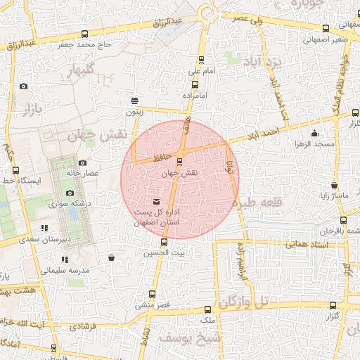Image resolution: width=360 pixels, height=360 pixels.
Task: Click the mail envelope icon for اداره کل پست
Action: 156,202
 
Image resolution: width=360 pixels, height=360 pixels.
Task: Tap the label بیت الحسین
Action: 155,252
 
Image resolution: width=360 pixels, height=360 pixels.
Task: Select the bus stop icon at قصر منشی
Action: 152,295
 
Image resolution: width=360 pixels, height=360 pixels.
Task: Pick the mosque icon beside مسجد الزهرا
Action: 314,134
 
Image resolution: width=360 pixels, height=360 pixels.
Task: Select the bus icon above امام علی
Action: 202,60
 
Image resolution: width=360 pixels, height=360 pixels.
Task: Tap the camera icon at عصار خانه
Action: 82,162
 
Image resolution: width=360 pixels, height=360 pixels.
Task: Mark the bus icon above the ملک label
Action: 207,309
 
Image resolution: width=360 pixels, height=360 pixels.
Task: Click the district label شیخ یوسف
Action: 179,338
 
